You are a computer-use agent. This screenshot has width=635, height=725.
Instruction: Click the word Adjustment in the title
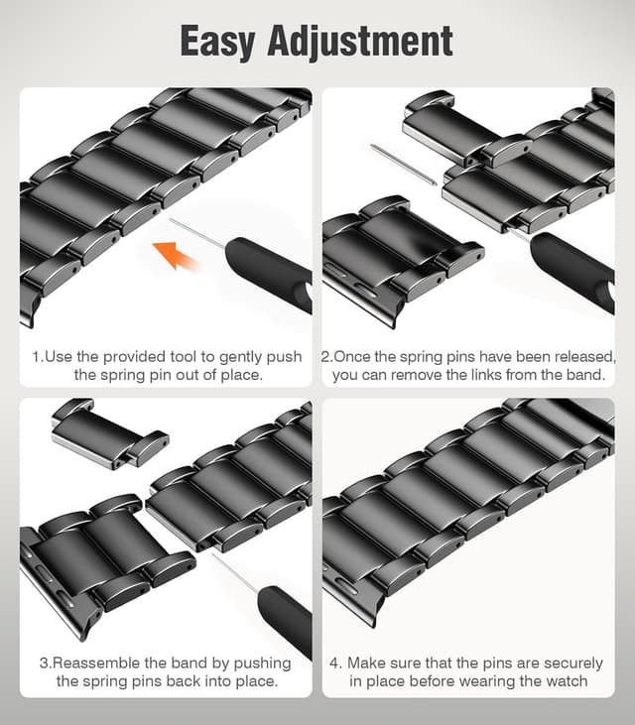pyautogui.click(x=372, y=42)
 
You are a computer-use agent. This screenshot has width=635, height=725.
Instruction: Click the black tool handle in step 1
pyautogui.click(x=268, y=274)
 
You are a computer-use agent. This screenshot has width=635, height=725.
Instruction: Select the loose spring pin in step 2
pyautogui.click(x=404, y=165)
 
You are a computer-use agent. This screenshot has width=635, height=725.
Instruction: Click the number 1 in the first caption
pyautogui.click(x=35, y=356)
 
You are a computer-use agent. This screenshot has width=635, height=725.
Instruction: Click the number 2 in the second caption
pyautogui.click(x=325, y=356)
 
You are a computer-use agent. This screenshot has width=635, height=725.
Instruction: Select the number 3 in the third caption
pyautogui.click(x=44, y=663)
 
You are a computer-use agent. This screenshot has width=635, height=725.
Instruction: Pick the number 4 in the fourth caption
pyautogui.click(x=335, y=663)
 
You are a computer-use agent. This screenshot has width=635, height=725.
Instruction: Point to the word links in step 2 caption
pyautogui.click(x=502, y=375)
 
